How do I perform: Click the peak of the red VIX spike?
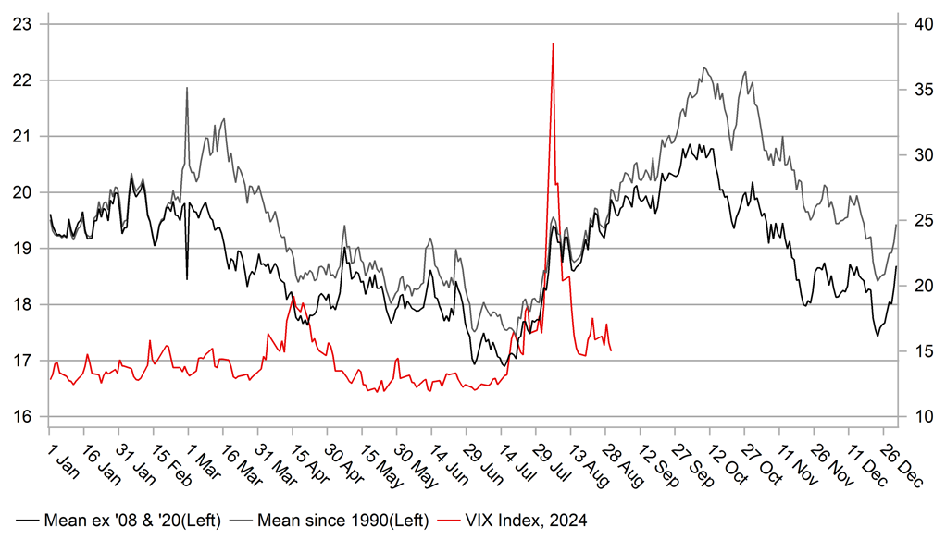(553, 43)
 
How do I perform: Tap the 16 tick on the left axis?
(21, 416)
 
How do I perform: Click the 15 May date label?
(379, 452)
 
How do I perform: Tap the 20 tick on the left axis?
(21, 192)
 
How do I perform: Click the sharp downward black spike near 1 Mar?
(187, 278)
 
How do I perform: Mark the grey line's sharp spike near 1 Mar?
(187, 88)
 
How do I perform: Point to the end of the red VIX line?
(611, 350)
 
